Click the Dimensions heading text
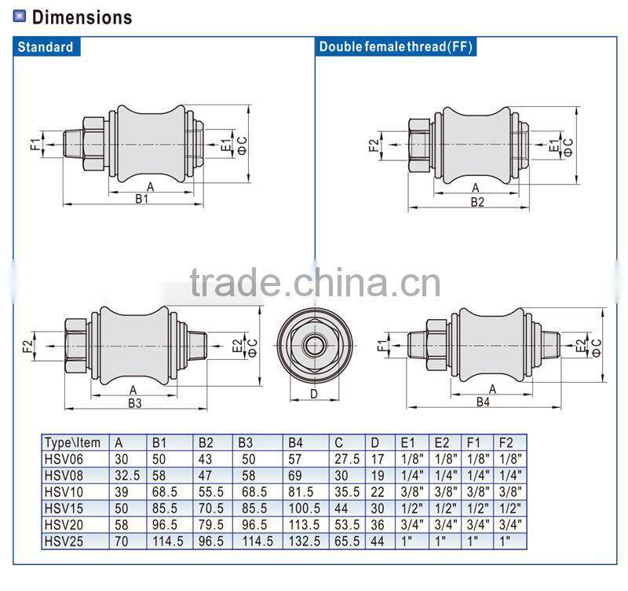82,17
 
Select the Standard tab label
46,46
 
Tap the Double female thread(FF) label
395,46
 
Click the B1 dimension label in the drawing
142,200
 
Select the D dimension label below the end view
314,394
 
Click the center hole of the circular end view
314,344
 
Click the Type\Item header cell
72,442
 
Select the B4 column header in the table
298,442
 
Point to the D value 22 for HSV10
378,491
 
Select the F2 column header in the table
507,442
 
